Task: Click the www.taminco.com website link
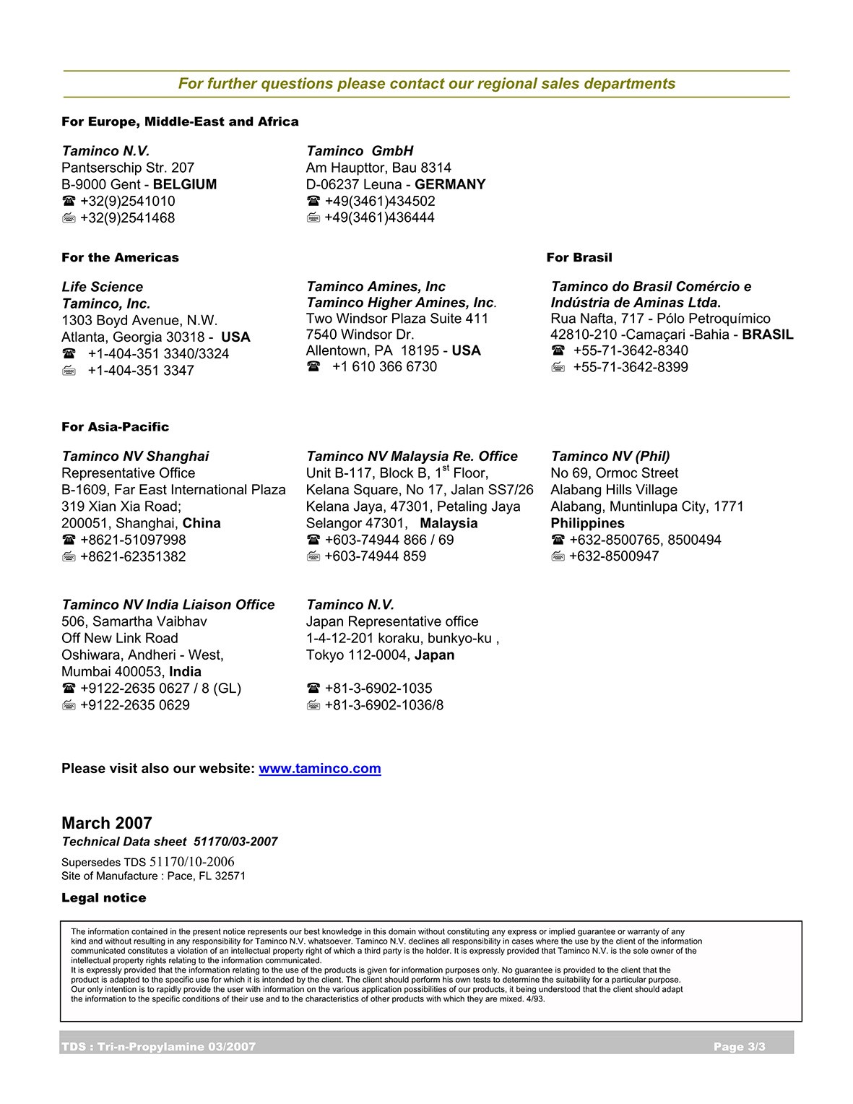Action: click(x=319, y=769)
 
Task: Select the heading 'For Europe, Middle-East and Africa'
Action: click(x=180, y=121)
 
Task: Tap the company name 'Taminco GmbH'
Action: click(x=360, y=151)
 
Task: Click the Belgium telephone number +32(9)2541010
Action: click(x=127, y=201)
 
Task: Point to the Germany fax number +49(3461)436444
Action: click(x=379, y=217)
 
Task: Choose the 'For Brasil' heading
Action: click(x=579, y=257)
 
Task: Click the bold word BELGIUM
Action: click(x=185, y=184)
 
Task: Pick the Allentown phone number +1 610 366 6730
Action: click(x=384, y=366)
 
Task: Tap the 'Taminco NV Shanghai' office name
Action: click(x=135, y=456)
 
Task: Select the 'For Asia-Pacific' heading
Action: click(x=115, y=426)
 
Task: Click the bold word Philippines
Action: click(x=587, y=523)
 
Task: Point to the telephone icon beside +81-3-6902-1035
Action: click(x=313, y=689)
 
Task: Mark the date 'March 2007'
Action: click(x=107, y=823)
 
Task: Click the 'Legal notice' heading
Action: click(x=103, y=898)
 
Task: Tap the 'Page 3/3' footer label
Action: click(x=739, y=1047)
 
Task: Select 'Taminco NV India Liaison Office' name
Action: click(x=168, y=605)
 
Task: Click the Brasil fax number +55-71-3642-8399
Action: click(x=630, y=367)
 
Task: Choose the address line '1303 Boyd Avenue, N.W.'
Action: click(x=139, y=320)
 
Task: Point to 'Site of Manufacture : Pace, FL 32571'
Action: click(x=153, y=876)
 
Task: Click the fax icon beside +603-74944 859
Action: click(x=313, y=556)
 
